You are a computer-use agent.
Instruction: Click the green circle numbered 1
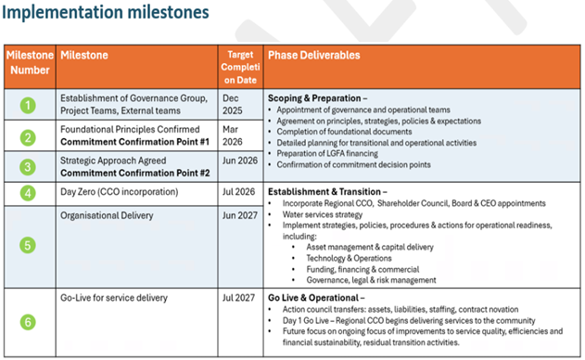tap(28, 106)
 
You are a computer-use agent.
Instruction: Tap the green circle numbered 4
tap(28, 193)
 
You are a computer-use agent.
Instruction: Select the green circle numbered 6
tap(28, 322)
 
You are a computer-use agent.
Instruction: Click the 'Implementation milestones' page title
tap(106, 12)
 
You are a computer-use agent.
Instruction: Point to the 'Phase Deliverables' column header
tap(313, 56)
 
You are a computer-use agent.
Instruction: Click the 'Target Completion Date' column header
tap(240, 67)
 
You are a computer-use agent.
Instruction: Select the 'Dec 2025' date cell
tap(232, 105)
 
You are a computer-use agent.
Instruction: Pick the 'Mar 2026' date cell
tap(232, 135)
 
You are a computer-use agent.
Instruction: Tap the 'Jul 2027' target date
tap(238, 298)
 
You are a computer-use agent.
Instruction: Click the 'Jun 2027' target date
tap(240, 215)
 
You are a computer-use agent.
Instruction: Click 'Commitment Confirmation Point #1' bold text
tap(134, 142)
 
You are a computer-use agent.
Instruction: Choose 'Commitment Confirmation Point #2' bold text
tap(135, 174)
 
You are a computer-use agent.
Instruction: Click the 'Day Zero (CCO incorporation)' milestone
tap(120, 192)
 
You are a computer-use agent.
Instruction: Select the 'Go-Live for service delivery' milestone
tap(114, 298)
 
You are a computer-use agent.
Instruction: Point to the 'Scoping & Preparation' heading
tap(314, 98)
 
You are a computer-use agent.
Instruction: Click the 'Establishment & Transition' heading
tap(324, 191)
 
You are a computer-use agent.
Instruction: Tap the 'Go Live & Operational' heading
tap(313, 298)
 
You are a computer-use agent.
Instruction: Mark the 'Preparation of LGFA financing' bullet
tap(327, 153)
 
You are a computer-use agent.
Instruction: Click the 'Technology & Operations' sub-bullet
tap(349, 258)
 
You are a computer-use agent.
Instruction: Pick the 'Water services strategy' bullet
tap(323, 214)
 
